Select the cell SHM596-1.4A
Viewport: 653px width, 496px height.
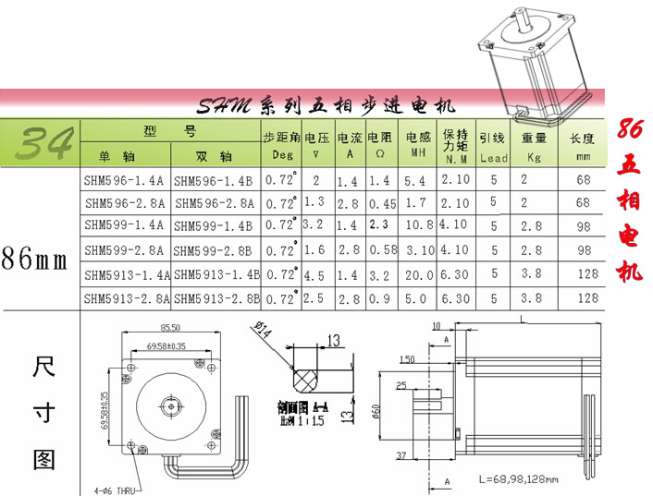point(123,180)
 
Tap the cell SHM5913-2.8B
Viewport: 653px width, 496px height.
point(216,298)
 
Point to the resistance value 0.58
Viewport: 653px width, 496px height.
point(382,249)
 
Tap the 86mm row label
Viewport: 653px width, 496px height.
point(35,260)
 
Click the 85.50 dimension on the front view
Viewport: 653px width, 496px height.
point(170,327)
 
